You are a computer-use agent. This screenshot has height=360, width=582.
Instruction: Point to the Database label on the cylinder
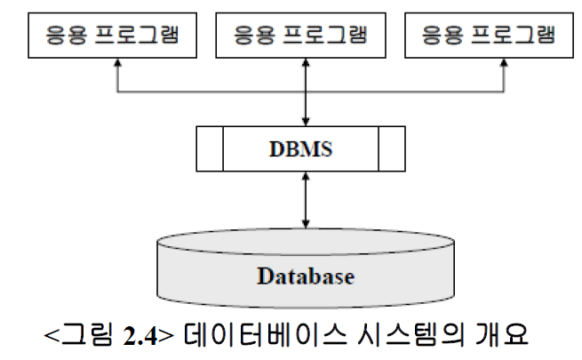(306, 276)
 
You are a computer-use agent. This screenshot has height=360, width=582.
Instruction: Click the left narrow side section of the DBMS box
(209, 148)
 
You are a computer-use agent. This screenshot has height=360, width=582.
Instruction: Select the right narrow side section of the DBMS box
(391, 148)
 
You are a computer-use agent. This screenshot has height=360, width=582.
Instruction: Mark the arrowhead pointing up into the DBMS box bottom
(305, 177)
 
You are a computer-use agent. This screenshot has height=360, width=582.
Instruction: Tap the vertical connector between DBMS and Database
(305, 199)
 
